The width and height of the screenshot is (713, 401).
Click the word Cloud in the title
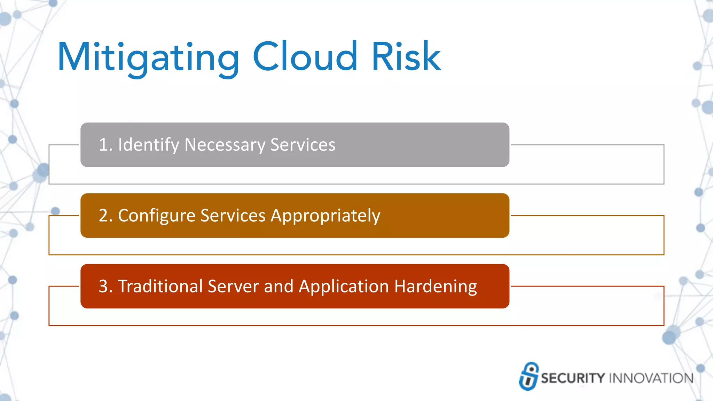coord(305,56)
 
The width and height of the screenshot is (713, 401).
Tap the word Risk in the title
coord(406,56)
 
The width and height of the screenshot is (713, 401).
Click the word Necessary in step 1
coord(225,145)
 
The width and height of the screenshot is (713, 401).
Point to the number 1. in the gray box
coord(105,145)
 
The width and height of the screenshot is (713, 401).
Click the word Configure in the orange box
coord(157,215)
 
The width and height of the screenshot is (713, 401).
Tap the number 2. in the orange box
coord(105,215)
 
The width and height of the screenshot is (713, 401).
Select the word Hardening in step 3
coord(436,287)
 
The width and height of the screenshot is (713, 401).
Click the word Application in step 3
coord(344,287)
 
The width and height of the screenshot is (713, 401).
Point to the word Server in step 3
coord(233,286)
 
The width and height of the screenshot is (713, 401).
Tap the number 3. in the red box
coord(105,286)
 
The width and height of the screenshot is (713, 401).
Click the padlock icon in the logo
coord(529,376)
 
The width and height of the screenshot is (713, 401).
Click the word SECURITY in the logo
coord(573,378)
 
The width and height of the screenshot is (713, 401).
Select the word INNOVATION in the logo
coord(651,378)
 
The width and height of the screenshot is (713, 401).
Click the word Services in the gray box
coord(303,145)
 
